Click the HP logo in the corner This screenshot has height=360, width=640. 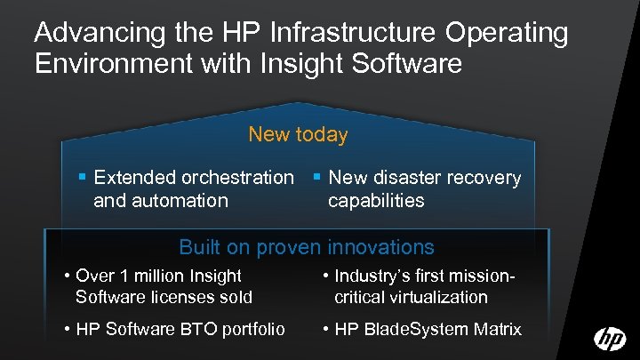coord(610,339)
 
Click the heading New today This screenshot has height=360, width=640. coord(298,135)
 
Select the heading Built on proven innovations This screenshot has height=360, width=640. coord(307,246)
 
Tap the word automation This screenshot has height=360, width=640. coord(181,200)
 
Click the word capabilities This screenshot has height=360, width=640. coord(376,200)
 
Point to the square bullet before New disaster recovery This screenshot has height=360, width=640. coord(316,178)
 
